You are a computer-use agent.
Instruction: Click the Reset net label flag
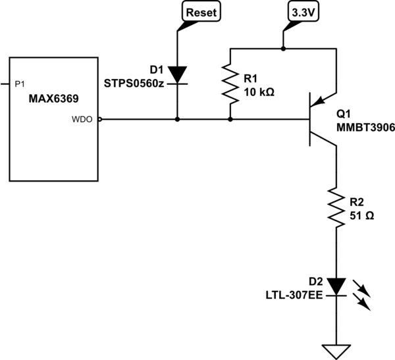[199, 13]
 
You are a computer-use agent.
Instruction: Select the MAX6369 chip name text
[54, 98]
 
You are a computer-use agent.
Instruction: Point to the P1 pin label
[19, 84]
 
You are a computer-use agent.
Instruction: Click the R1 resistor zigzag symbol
[230, 84]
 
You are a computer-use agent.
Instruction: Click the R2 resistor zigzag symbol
[336, 207]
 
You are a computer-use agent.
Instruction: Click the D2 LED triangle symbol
[336, 286]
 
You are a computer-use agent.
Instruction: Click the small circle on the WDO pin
[99, 120]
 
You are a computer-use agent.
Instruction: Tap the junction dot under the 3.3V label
[283, 49]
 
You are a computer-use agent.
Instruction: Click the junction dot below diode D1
[178, 120]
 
